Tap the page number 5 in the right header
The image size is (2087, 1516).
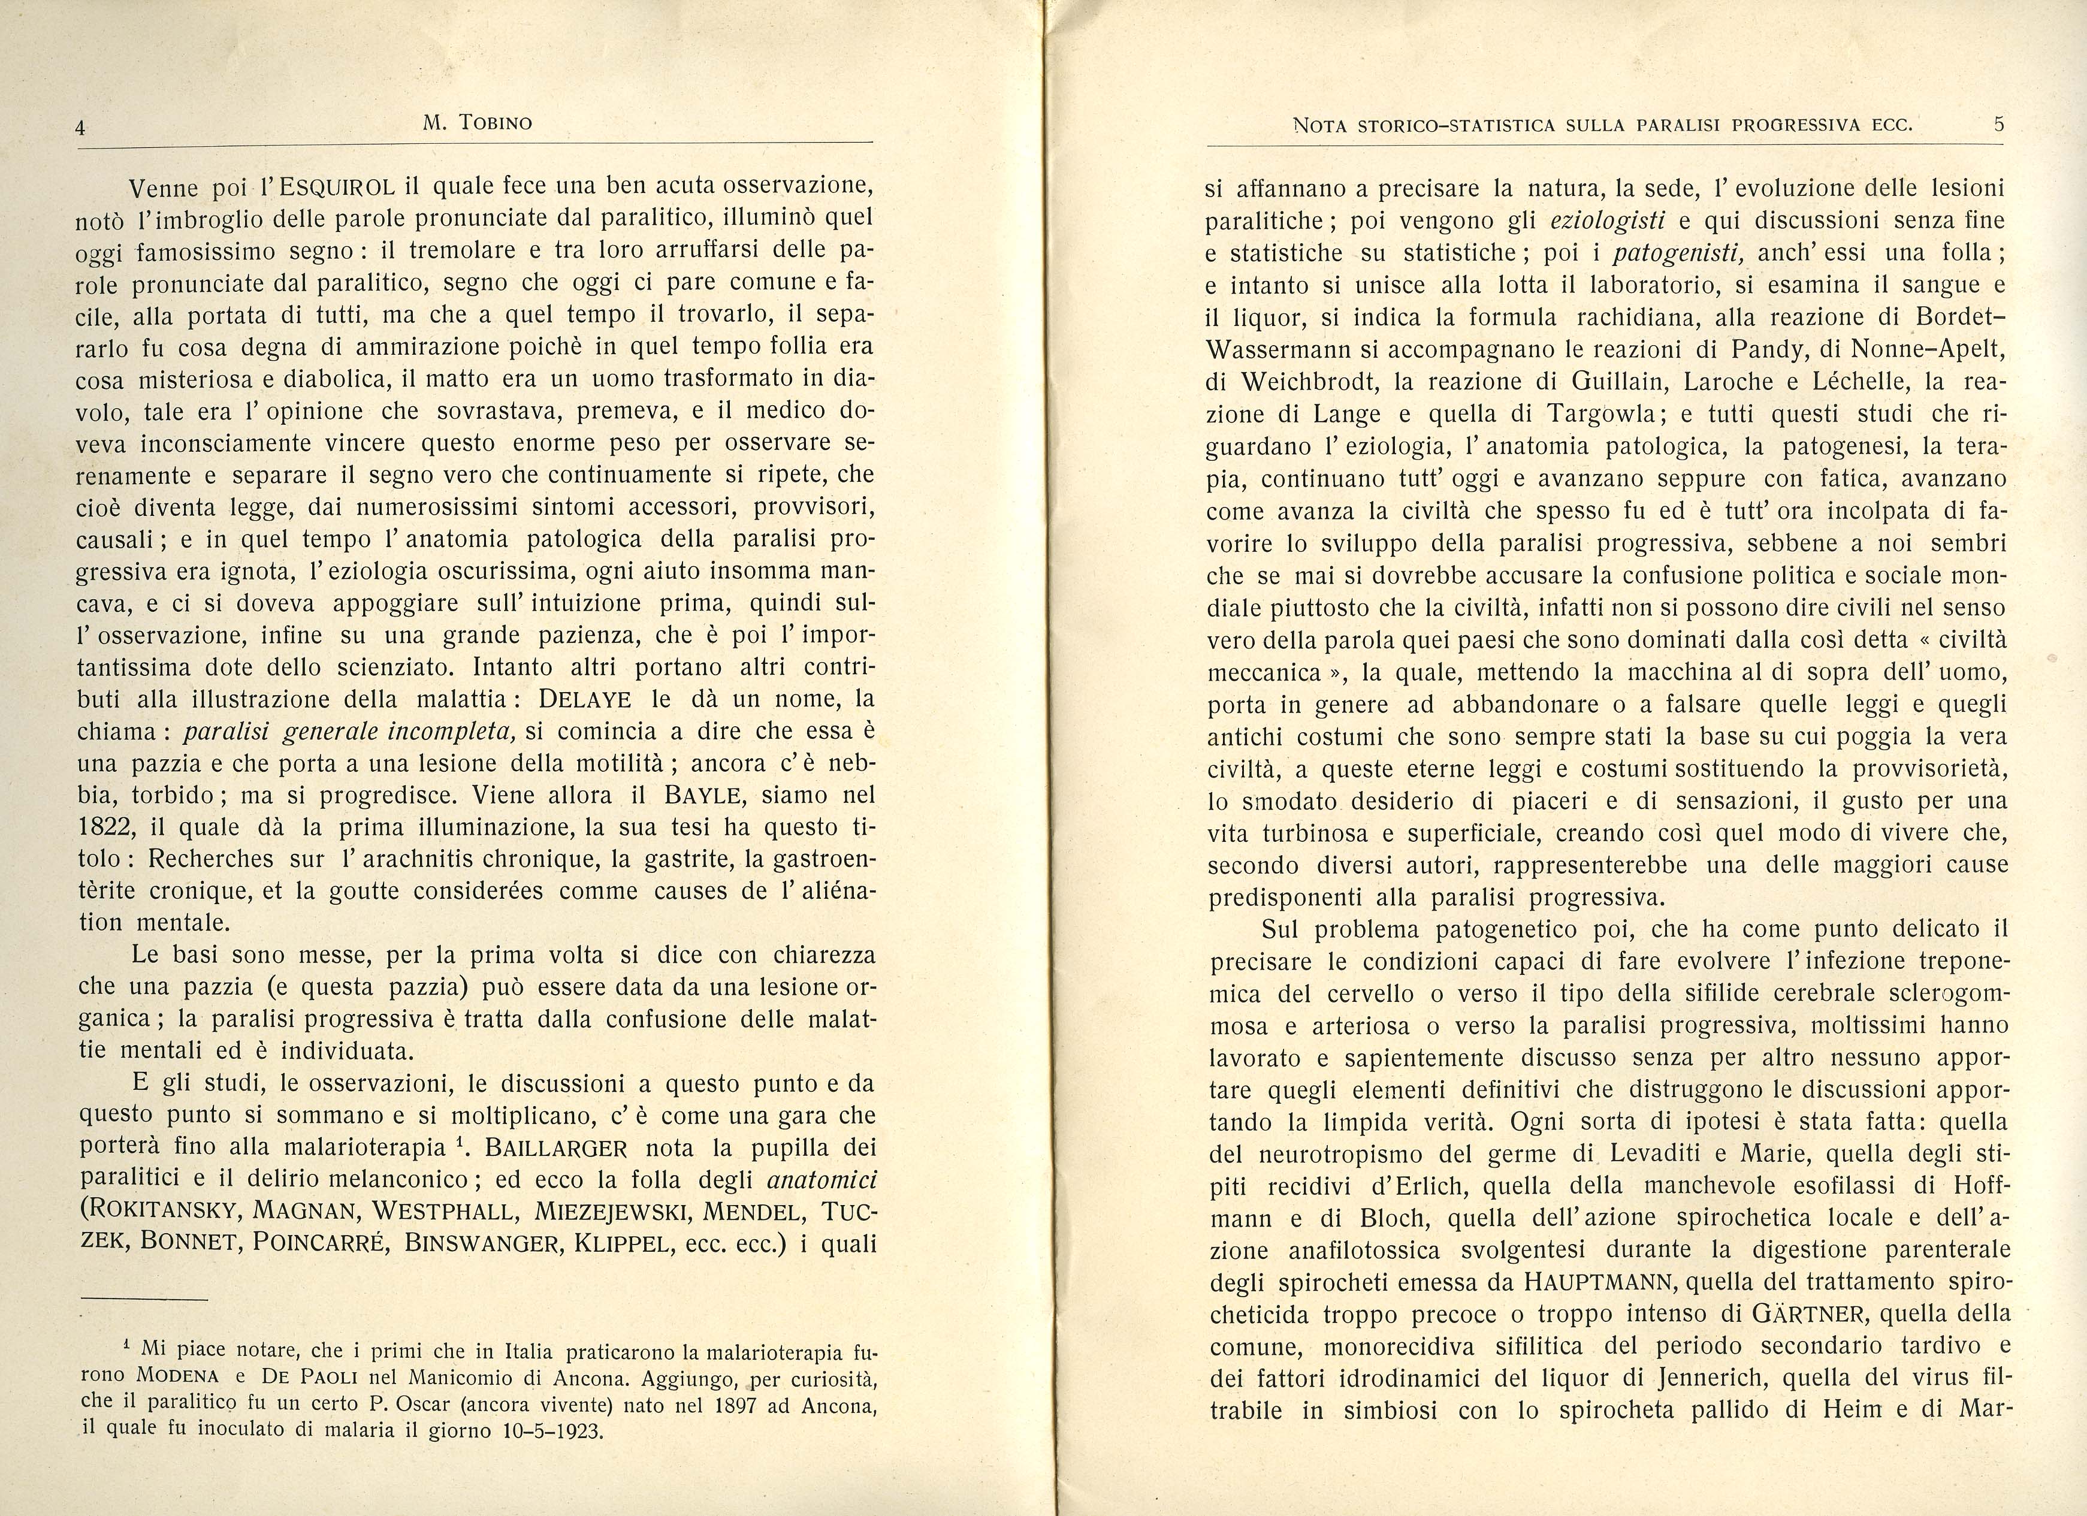point(1999,124)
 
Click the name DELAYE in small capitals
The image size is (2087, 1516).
point(591,699)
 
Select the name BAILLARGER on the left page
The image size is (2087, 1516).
point(556,1148)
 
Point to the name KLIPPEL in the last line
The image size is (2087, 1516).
point(629,1243)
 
